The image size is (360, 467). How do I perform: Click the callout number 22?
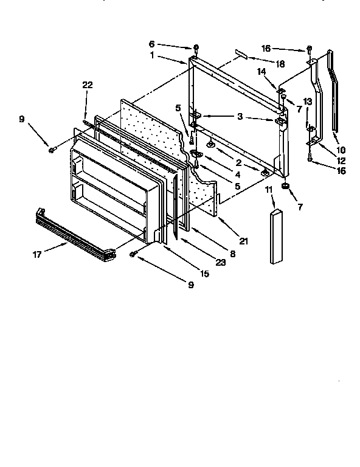pyautogui.click(x=88, y=85)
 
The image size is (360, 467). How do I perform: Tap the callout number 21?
pyautogui.click(x=243, y=241)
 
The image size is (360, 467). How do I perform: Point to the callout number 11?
pyautogui.click(x=268, y=190)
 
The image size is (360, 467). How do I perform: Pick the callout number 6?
pyautogui.click(x=151, y=44)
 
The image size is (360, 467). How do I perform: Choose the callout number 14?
pyautogui.click(x=260, y=72)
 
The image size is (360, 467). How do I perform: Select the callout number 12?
pyautogui.click(x=341, y=161)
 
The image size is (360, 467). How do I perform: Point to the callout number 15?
pyautogui.click(x=205, y=274)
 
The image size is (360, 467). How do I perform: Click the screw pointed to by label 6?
pyautogui.click(x=196, y=47)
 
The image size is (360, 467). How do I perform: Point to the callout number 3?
pyautogui.click(x=240, y=116)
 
